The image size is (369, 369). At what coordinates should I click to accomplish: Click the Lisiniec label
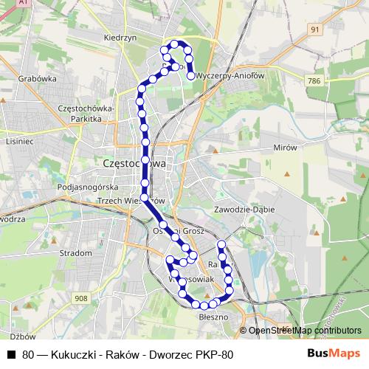coord(20,140)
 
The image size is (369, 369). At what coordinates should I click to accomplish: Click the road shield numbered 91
coord(315,29)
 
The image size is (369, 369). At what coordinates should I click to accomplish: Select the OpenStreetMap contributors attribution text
coord(305,331)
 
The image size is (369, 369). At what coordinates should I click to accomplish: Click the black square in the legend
coord(10,354)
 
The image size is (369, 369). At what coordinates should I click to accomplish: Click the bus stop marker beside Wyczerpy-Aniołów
coord(191,75)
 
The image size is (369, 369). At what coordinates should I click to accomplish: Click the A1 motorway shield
coord(24,3)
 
